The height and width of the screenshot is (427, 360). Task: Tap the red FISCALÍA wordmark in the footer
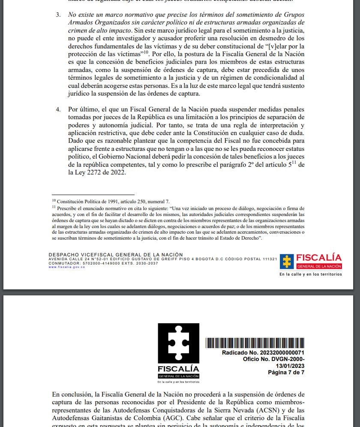pyautogui.click(x=319, y=258)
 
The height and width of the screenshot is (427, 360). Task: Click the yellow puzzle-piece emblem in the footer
pyautogui.click(x=286, y=261)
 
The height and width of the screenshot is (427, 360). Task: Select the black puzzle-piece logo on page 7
pyautogui.click(x=178, y=344)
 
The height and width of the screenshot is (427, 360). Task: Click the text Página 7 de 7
pyautogui.click(x=286, y=372)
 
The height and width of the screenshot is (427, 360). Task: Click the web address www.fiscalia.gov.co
pyautogui.click(x=66, y=267)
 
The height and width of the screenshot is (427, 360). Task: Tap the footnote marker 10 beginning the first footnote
pyautogui.click(x=54, y=200)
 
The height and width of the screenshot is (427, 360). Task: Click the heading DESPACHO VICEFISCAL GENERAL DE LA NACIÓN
pyautogui.click(x=116, y=255)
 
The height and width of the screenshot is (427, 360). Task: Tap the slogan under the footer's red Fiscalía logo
pyautogui.click(x=310, y=274)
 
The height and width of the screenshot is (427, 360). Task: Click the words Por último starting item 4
pyautogui.click(x=81, y=109)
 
